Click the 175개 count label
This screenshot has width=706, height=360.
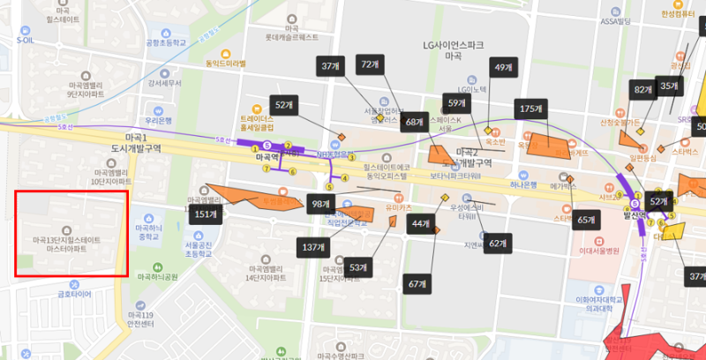[531, 109]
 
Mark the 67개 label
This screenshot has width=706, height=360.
[417, 283]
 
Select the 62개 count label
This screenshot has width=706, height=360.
[498, 242]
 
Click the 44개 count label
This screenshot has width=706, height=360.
[419, 224]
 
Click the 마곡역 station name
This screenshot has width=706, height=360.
[267, 158]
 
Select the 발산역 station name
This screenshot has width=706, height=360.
[635, 214]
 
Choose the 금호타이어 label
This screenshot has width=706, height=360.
[74, 296]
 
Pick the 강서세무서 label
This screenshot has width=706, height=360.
[164, 84]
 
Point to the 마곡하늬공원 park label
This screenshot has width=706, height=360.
[158, 276]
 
